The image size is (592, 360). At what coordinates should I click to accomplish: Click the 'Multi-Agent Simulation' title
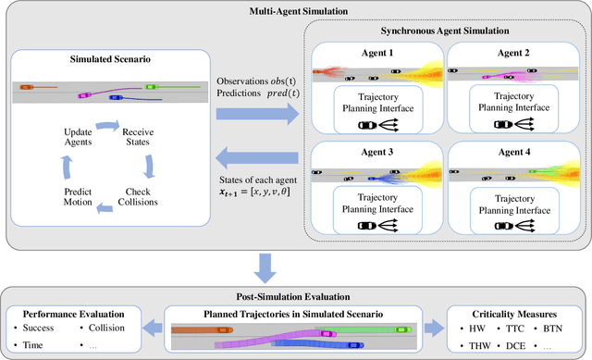295,9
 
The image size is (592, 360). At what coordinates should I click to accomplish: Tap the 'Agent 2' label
510,55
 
